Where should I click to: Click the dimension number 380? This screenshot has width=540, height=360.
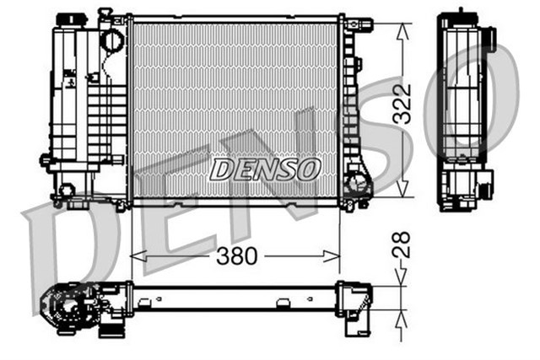click(236, 255)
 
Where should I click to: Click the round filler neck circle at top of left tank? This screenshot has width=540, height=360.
click(111, 40)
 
